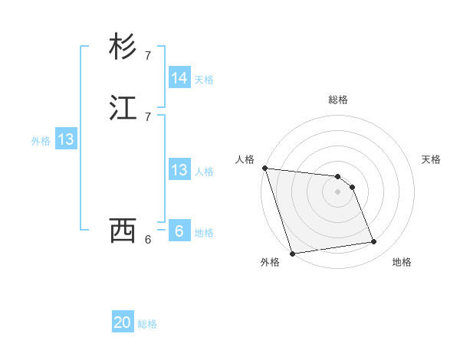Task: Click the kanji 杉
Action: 123,47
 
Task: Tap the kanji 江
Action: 123,108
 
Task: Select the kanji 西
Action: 123,230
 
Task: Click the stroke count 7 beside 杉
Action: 148,56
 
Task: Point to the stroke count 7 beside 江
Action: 148,116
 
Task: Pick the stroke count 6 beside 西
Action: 148,240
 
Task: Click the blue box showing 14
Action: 179,78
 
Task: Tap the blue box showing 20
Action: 123,323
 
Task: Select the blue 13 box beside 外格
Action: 66,139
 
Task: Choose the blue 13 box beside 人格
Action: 179,170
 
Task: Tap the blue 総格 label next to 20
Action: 147,324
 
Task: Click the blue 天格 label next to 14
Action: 204,79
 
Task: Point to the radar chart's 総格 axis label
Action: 338,100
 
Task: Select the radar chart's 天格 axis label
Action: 431,159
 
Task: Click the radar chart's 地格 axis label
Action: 402,263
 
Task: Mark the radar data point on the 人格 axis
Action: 264,168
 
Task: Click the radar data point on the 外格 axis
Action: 292,253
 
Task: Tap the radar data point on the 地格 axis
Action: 373,242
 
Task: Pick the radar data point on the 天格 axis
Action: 352,187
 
